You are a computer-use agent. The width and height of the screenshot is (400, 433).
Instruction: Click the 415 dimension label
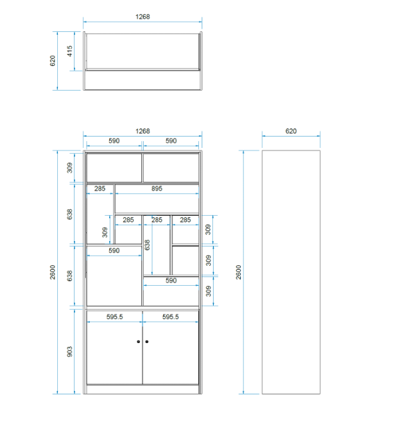coord(69,51)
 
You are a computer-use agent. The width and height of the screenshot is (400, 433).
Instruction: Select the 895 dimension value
coord(156,189)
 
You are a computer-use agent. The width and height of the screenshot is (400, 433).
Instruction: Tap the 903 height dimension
coord(69,352)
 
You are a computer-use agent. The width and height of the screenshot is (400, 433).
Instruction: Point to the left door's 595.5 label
coord(114,316)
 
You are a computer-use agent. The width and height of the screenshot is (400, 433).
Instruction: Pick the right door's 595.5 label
coord(170,316)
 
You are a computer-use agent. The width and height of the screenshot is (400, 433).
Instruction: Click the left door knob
coord(138,342)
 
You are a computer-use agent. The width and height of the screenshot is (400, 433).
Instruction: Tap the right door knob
coord(147,342)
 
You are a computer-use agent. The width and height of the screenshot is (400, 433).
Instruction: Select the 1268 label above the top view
coord(142,17)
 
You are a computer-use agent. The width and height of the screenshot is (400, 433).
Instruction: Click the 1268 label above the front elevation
coord(142,131)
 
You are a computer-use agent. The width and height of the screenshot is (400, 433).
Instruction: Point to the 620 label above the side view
coord(291,131)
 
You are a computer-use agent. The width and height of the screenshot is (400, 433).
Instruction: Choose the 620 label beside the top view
coord(53,61)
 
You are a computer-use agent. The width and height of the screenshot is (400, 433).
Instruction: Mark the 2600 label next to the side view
coord(238,272)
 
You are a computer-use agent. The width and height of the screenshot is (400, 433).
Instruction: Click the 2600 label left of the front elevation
coord(53,272)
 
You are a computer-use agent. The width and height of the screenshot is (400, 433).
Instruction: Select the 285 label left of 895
coord(100,189)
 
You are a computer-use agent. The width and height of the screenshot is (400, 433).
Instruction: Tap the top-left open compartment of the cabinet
coord(114,168)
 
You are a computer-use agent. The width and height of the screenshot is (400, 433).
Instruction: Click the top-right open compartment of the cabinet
coord(171,168)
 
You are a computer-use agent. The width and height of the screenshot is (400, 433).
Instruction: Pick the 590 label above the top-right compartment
coord(171,141)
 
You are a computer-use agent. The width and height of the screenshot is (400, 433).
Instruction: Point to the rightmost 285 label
coord(186,220)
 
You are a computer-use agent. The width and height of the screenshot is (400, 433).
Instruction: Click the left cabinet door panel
coord(114,347)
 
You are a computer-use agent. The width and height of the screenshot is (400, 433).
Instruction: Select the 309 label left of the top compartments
coord(69,168)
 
